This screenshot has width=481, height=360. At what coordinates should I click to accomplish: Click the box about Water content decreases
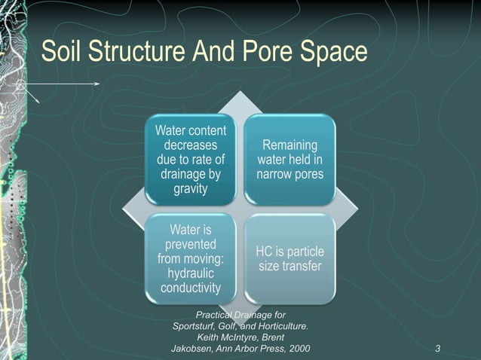190,159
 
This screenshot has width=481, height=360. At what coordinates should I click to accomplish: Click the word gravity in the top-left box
190,188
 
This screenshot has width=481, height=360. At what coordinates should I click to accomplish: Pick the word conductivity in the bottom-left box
191,288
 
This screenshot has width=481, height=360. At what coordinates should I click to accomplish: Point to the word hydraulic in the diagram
191,273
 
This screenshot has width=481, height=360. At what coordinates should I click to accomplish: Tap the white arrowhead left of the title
98,84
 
